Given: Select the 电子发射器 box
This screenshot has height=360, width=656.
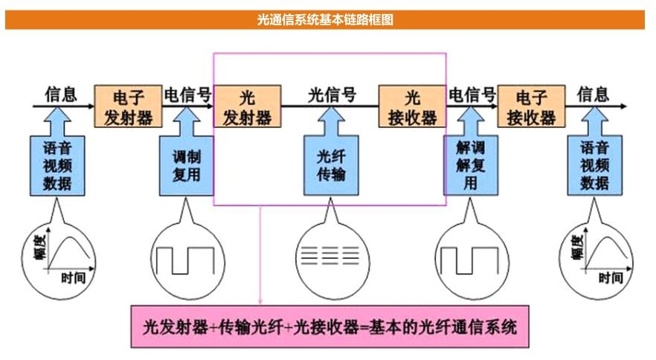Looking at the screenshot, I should (128, 107).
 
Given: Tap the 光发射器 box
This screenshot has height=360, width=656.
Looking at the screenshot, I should (247, 107).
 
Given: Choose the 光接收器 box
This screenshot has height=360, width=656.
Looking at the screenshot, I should (412, 107).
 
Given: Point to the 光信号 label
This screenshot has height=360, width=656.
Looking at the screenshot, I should (331, 94).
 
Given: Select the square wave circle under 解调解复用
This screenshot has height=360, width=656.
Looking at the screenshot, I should (468, 257).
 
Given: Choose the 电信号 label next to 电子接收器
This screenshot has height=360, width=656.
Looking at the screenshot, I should (472, 94).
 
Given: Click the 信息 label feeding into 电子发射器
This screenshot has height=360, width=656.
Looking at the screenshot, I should (61, 94).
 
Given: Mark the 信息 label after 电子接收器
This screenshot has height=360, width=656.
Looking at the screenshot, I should (593, 94).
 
